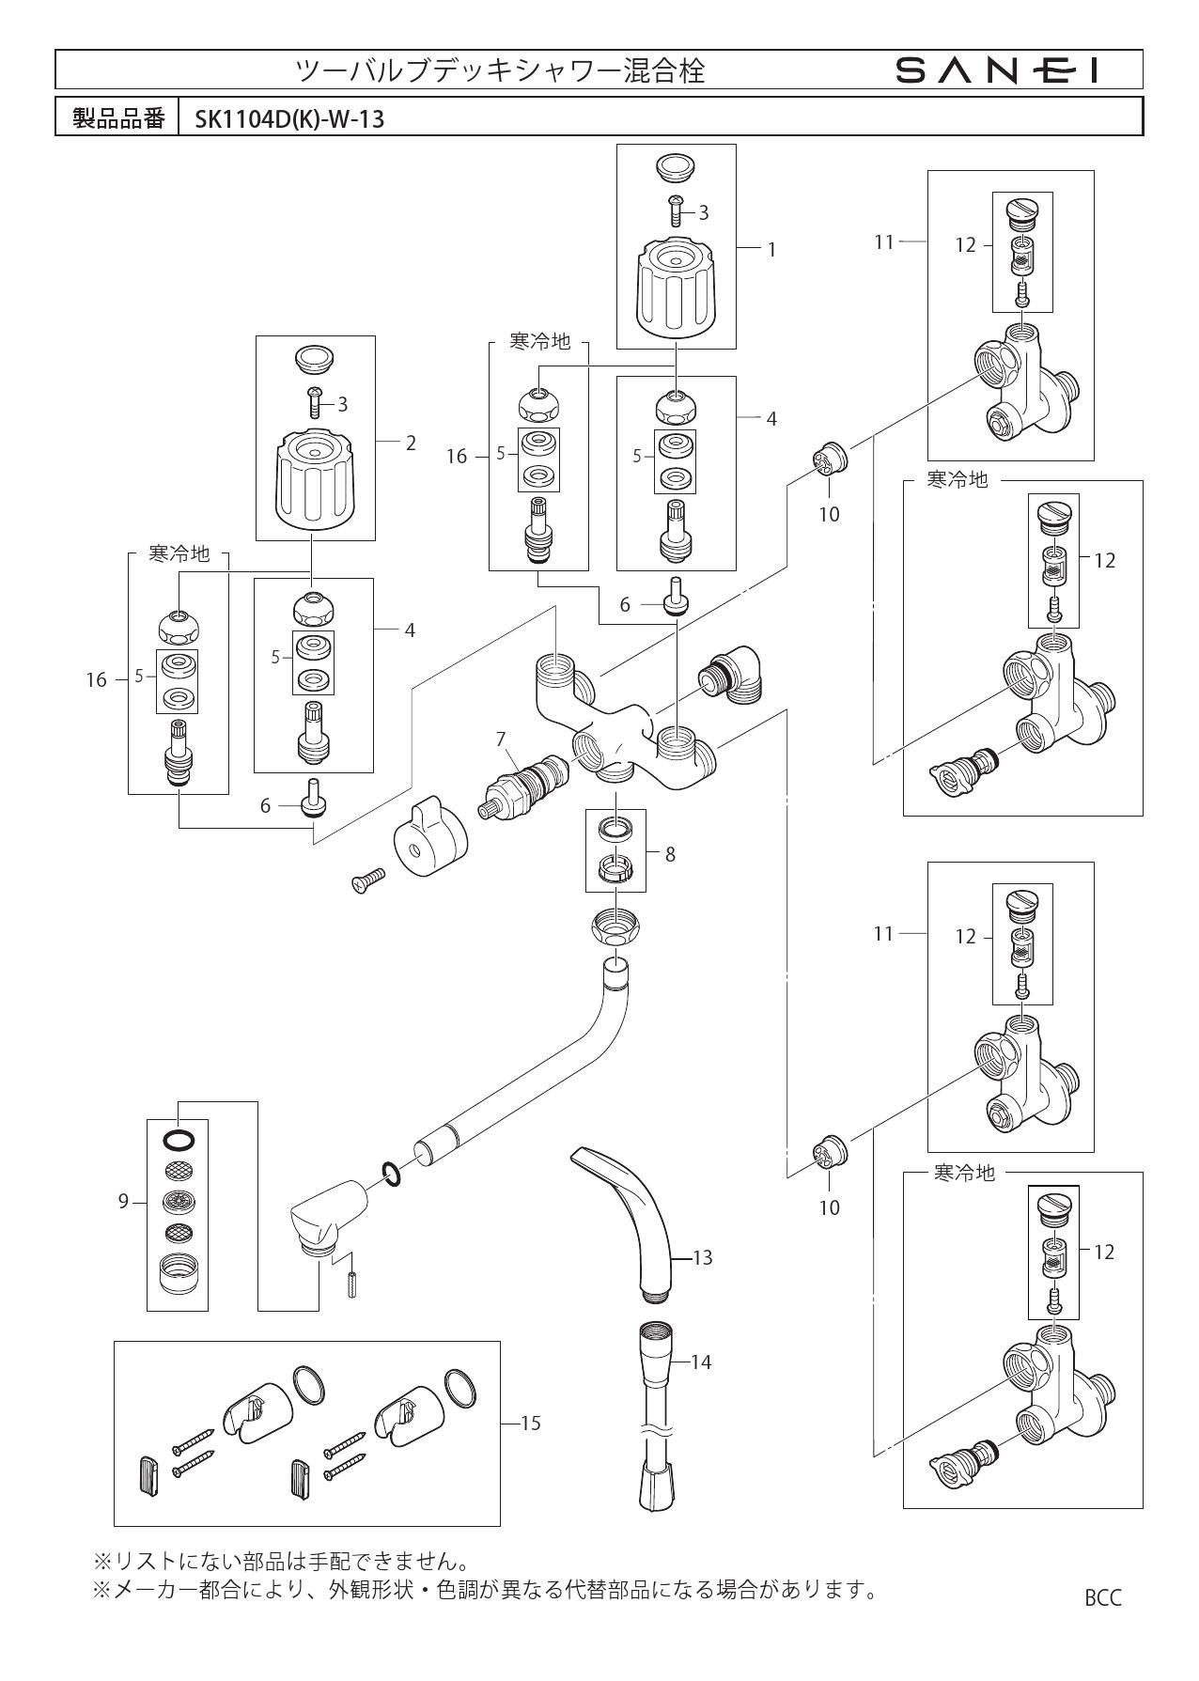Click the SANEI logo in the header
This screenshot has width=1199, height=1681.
click(997, 70)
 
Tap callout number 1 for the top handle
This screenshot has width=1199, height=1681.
click(771, 250)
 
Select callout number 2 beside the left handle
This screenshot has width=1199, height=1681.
click(411, 443)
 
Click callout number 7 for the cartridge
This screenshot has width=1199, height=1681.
click(502, 739)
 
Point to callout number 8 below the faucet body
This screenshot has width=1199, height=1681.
click(669, 854)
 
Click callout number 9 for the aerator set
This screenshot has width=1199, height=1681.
click(123, 1201)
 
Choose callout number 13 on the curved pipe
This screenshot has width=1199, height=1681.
click(702, 1257)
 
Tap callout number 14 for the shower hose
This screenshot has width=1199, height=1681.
click(701, 1362)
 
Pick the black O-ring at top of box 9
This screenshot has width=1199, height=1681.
click(179, 1141)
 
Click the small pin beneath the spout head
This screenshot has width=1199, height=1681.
click(351, 1284)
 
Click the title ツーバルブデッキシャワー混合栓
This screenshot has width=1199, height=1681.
click(500, 70)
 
